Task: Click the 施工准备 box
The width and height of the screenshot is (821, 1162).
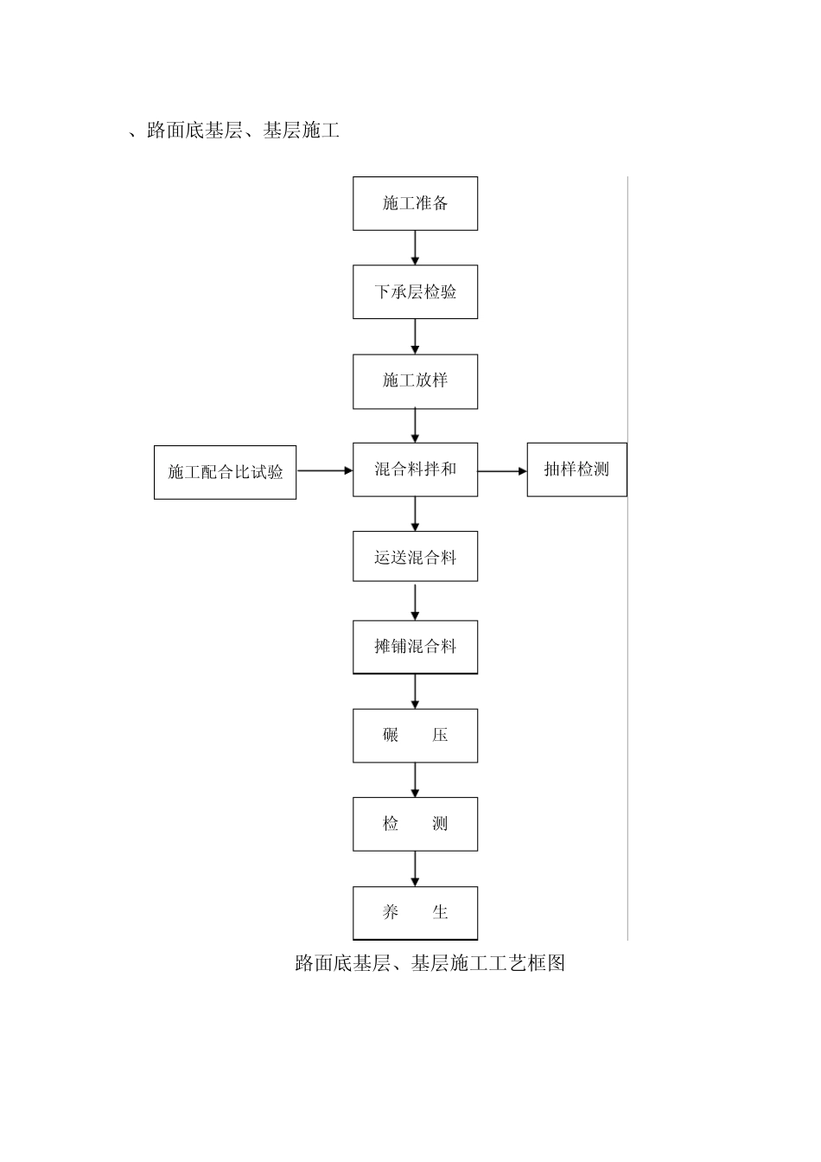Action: (x=415, y=204)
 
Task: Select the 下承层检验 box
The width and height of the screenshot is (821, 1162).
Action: (x=415, y=292)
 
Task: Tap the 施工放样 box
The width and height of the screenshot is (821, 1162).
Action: (x=415, y=380)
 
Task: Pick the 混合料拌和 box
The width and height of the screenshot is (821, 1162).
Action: (x=415, y=469)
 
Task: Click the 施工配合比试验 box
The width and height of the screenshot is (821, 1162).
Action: (x=225, y=472)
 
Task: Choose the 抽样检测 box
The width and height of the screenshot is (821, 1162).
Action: (x=576, y=469)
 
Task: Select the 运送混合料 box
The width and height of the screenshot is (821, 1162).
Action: (x=415, y=558)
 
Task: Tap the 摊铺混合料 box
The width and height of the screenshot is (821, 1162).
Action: (x=415, y=647)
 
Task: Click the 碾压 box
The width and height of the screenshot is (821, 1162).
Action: (x=415, y=736)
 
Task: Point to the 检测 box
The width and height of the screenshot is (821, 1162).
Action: (x=415, y=824)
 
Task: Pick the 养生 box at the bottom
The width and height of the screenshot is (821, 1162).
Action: (x=415, y=913)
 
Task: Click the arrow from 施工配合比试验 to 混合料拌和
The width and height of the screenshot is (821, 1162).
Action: (x=325, y=471)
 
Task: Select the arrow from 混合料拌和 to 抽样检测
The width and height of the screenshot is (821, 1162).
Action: (x=502, y=471)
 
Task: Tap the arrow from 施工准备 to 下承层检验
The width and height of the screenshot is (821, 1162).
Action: (x=416, y=248)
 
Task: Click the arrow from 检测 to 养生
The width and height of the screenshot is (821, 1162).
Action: (x=416, y=869)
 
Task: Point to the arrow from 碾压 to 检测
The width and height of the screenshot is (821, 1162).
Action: (x=416, y=780)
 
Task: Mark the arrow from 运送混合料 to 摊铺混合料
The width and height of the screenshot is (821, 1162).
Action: (x=416, y=603)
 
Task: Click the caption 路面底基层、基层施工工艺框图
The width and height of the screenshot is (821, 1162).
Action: (x=430, y=963)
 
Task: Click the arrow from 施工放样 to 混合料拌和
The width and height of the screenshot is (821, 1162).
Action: (x=416, y=425)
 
